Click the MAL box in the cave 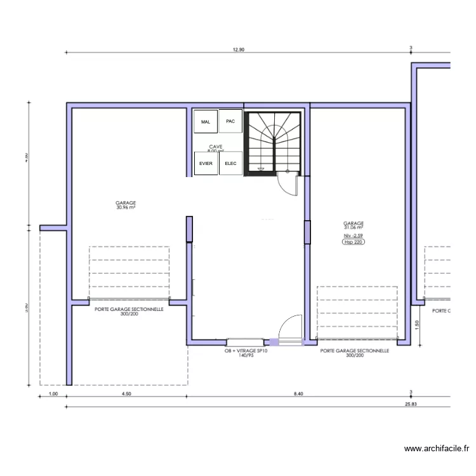click(206, 121)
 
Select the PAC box click(230, 121)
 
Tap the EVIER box click(206, 164)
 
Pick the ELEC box click(230, 164)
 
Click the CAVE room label click(215, 147)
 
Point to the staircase click(274, 142)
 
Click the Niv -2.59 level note click(354, 235)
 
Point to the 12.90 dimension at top click(238, 49)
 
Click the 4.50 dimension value click(126, 394)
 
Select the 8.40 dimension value click(298, 394)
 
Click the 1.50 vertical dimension click(417, 324)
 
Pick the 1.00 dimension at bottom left click(53, 394)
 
